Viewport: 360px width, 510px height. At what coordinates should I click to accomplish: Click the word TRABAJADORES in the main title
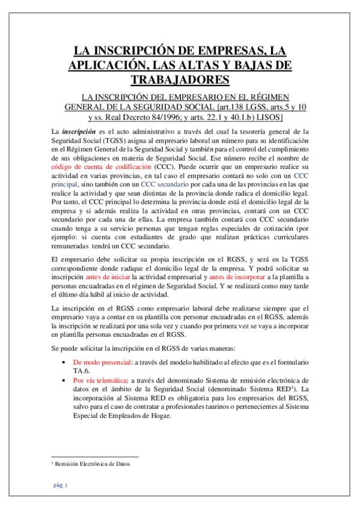click(180, 79)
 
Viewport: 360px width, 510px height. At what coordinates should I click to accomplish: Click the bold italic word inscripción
click(78, 131)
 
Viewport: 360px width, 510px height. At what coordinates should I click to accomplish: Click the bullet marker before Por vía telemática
click(64, 381)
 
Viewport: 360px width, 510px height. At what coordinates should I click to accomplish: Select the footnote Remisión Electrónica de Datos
click(93, 464)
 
